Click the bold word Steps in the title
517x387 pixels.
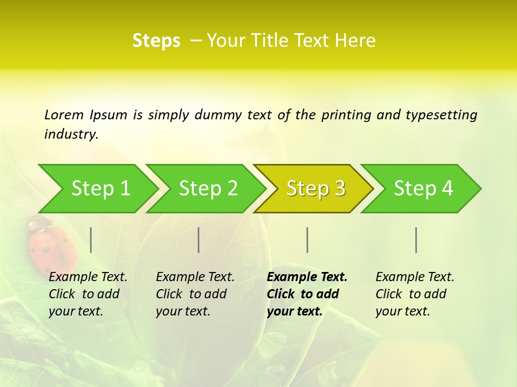pyautogui.click(x=156, y=41)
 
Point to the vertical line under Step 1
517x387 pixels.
pyautogui.click(x=91, y=240)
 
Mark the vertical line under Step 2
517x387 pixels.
pyautogui.click(x=199, y=240)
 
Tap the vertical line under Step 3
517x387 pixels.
pyautogui.click(x=308, y=240)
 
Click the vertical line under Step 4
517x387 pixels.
pyautogui.click(x=416, y=240)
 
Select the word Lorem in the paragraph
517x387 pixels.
pyautogui.click(x=64, y=115)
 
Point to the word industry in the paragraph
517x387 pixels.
pyautogui.click(x=71, y=134)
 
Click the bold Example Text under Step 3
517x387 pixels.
pyautogui.click(x=307, y=277)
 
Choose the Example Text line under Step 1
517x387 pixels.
pyautogui.click(x=88, y=277)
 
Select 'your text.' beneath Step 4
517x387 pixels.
pyautogui.click(x=402, y=312)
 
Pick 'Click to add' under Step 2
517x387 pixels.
pyautogui.click(x=191, y=295)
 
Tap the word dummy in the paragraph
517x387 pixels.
pyautogui.click(x=218, y=115)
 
